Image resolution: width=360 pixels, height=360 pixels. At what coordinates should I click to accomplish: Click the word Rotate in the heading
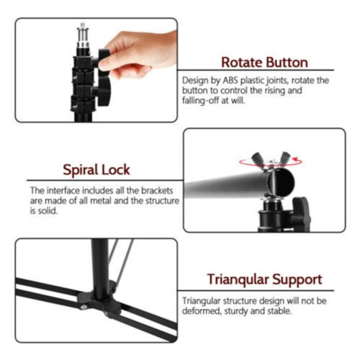242,63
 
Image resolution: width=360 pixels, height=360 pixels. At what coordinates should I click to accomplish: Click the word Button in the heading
287,63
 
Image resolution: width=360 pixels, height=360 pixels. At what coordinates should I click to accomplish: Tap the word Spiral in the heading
81,171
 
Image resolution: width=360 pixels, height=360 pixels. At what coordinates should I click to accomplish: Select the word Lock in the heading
116,170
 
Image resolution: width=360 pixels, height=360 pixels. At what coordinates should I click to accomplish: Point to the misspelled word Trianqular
238,280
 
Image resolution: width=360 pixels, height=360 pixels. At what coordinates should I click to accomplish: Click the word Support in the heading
297,280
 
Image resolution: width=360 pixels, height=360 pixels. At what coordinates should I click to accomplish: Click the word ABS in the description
230,81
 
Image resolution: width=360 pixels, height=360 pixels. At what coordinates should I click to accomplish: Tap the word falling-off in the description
200,100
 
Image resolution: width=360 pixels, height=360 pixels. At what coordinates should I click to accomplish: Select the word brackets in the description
157,191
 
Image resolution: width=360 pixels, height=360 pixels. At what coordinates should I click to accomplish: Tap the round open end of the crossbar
281,183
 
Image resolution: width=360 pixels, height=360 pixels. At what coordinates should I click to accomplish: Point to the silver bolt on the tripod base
84,307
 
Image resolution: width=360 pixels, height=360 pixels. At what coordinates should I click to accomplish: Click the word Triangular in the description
201,301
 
